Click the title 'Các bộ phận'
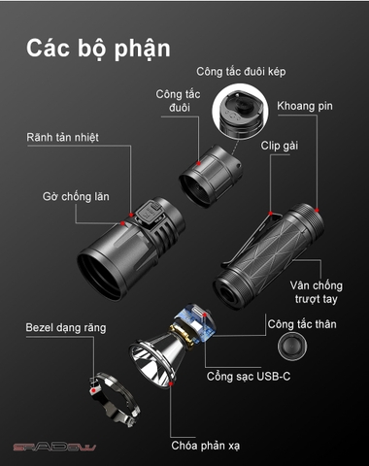98,49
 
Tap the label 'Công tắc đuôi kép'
241,72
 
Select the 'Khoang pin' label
305,106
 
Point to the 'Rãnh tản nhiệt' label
62,137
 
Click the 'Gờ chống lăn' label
76,196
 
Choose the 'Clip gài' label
280,146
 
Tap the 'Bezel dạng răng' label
66,327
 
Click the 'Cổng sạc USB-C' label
249,377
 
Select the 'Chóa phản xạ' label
206,446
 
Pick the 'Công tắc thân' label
302,324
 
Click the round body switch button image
292,346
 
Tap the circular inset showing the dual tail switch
240,112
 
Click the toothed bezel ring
116,398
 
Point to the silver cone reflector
154,358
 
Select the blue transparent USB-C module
195,322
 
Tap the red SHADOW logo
54,448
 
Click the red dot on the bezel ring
93,390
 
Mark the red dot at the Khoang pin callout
317,211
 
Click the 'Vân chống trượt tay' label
317,292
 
